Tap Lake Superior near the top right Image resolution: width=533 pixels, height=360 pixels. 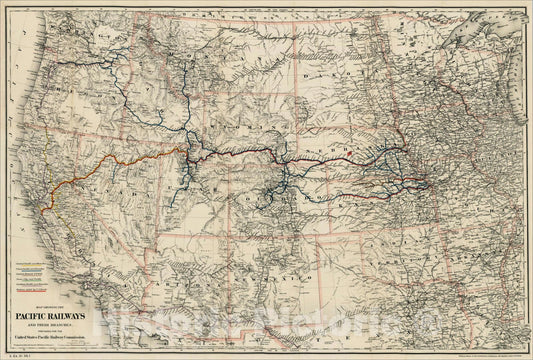click(470, 25)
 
